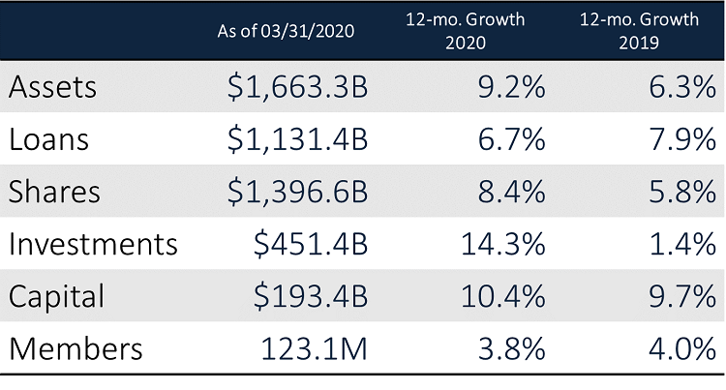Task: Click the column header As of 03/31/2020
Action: (x=287, y=31)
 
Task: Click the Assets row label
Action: (x=54, y=87)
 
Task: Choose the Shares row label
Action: (x=54, y=192)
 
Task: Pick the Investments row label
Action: (x=93, y=244)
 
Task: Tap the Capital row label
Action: (x=56, y=296)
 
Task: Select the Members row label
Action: (x=76, y=348)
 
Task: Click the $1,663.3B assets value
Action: (x=295, y=87)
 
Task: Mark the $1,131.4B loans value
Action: (x=295, y=139)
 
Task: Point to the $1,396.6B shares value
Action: (x=295, y=192)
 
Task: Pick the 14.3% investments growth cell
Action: (x=497, y=244)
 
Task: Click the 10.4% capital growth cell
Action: (x=497, y=296)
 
